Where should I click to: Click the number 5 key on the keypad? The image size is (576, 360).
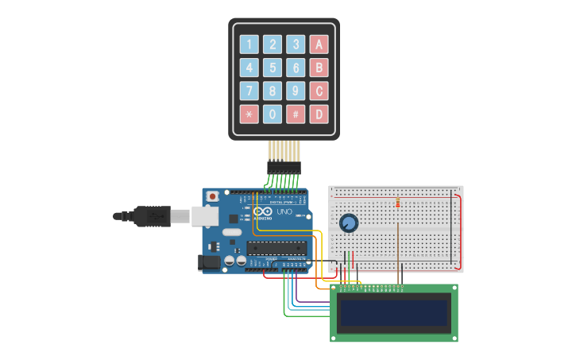tap(273, 68)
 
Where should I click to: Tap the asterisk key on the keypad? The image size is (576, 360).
tap(249, 114)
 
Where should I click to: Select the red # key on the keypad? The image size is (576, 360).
tap(296, 114)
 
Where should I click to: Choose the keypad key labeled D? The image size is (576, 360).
tap(319, 114)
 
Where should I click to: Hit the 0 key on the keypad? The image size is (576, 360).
tap(273, 114)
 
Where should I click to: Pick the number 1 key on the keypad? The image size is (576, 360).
tap(249, 45)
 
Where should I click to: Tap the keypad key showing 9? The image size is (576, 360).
tap(296, 91)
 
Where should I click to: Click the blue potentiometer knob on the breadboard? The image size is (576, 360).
tap(348, 223)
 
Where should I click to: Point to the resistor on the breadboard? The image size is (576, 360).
tap(397, 202)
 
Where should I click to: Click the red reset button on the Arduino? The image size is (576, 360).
tap(212, 196)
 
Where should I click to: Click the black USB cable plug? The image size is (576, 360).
tap(151, 215)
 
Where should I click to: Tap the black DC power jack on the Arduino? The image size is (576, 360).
tap(209, 262)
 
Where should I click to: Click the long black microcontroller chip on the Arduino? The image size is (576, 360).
tap(276, 246)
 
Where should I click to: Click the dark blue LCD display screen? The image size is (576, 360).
tap(394, 312)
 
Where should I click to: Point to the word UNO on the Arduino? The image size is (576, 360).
tap(284, 213)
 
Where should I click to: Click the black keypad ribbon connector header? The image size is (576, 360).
tap(284, 168)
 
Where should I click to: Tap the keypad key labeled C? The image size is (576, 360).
tap(319, 91)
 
